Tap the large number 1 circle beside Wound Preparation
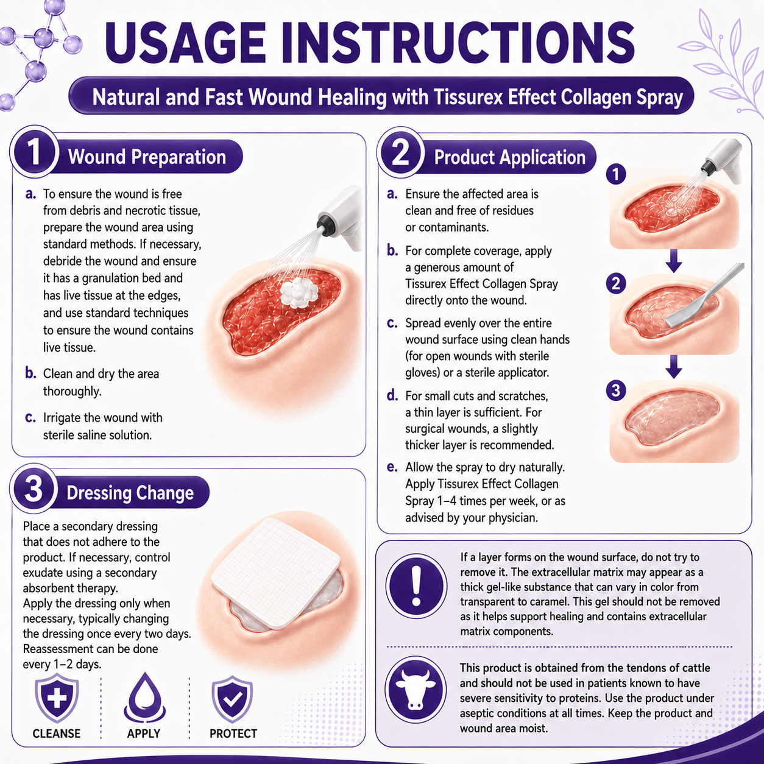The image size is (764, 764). tap(35, 152)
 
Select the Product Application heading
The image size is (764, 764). tap(509, 157)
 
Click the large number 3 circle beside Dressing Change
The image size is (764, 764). tap(34, 489)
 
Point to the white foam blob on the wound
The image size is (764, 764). tap(299, 292)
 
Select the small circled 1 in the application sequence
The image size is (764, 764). tap(616, 174)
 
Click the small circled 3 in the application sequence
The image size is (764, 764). tap(616, 390)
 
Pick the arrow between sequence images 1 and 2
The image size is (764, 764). tap(674, 261)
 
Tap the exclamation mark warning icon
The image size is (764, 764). tap(416, 586)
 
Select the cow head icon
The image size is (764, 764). tap(416, 690)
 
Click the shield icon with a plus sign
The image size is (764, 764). tap(57, 699)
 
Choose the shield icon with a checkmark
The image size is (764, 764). tap(232, 700)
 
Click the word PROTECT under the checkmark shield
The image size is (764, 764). tap(233, 734)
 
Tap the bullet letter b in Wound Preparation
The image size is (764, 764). tap(30, 373)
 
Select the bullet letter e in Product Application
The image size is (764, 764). tap(392, 467)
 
